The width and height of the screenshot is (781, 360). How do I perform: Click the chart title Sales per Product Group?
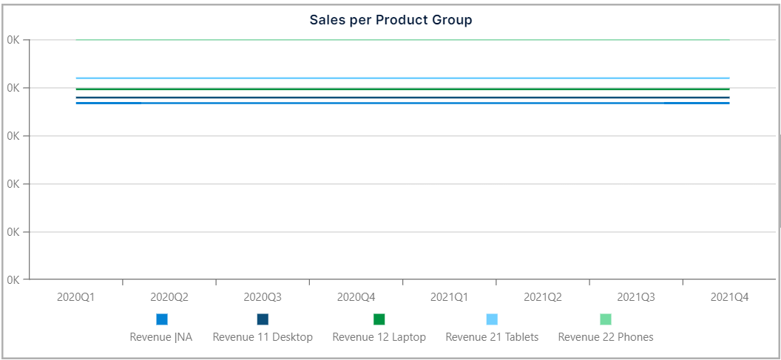point(390,20)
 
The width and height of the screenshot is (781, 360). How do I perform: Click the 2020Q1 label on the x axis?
point(75,297)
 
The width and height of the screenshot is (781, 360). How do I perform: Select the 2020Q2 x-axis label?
point(169,297)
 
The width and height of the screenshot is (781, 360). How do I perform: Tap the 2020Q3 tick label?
point(263,297)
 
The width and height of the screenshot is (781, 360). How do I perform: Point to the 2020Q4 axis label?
point(356,297)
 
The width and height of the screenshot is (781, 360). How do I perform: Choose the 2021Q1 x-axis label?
point(450,297)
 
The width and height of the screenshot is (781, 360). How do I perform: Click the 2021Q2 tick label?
point(543,297)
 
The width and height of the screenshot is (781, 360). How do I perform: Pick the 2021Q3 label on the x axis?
point(636,297)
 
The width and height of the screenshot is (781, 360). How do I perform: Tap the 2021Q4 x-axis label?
point(729,297)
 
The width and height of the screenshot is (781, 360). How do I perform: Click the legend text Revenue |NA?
point(161,337)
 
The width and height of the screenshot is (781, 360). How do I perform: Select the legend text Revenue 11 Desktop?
point(263,337)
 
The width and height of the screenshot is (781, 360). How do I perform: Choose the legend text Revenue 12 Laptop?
point(379,337)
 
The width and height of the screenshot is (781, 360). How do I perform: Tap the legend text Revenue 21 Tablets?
point(492,337)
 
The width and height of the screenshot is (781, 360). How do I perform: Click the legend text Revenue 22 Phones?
point(606,337)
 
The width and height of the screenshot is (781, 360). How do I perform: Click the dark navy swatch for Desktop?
point(263,319)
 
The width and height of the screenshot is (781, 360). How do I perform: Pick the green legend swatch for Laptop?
point(379,319)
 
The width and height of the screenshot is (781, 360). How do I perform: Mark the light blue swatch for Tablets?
point(492,319)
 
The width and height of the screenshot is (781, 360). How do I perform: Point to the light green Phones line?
point(403,40)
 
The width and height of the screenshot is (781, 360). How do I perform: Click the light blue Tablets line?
point(403,78)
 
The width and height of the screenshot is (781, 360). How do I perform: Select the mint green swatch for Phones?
point(606,319)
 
